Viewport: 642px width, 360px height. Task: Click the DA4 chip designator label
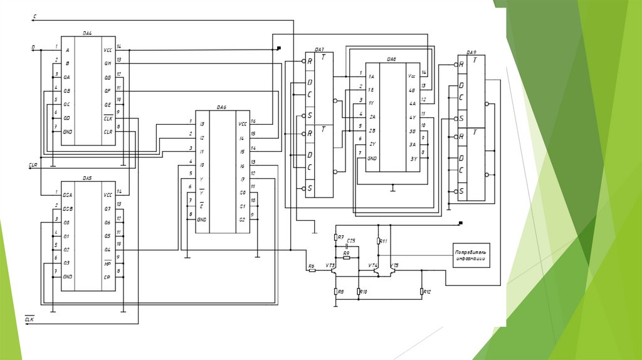pyautogui.click(x=88, y=33)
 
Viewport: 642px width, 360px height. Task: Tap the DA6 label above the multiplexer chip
pyautogui.click(x=221, y=108)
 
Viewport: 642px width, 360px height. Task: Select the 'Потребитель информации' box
pyautogui.click(x=471, y=255)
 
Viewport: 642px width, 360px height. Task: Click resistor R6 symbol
pyautogui.click(x=312, y=270)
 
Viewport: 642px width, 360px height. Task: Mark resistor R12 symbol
pyautogui.click(x=422, y=292)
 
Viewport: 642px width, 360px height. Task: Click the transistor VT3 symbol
pyautogui.click(x=334, y=270)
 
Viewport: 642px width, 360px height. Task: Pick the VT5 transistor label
pyautogui.click(x=394, y=266)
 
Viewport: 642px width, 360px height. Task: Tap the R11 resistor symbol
pyautogui.click(x=379, y=241)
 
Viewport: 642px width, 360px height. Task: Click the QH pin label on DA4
pyautogui.click(x=108, y=63)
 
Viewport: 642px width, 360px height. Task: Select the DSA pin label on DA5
pyautogui.click(x=68, y=194)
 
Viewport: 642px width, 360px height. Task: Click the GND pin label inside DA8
pyautogui.click(x=372, y=158)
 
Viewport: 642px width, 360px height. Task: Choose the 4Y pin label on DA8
pyautogui.click(x=412, y=117)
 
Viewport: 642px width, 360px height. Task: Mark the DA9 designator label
pyautogui.click(x=471, y=52)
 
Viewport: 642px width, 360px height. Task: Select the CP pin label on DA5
pyautogui.click(x=107, y=277)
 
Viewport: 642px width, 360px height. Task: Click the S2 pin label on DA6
pyautogui.click(x=241, y=220)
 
